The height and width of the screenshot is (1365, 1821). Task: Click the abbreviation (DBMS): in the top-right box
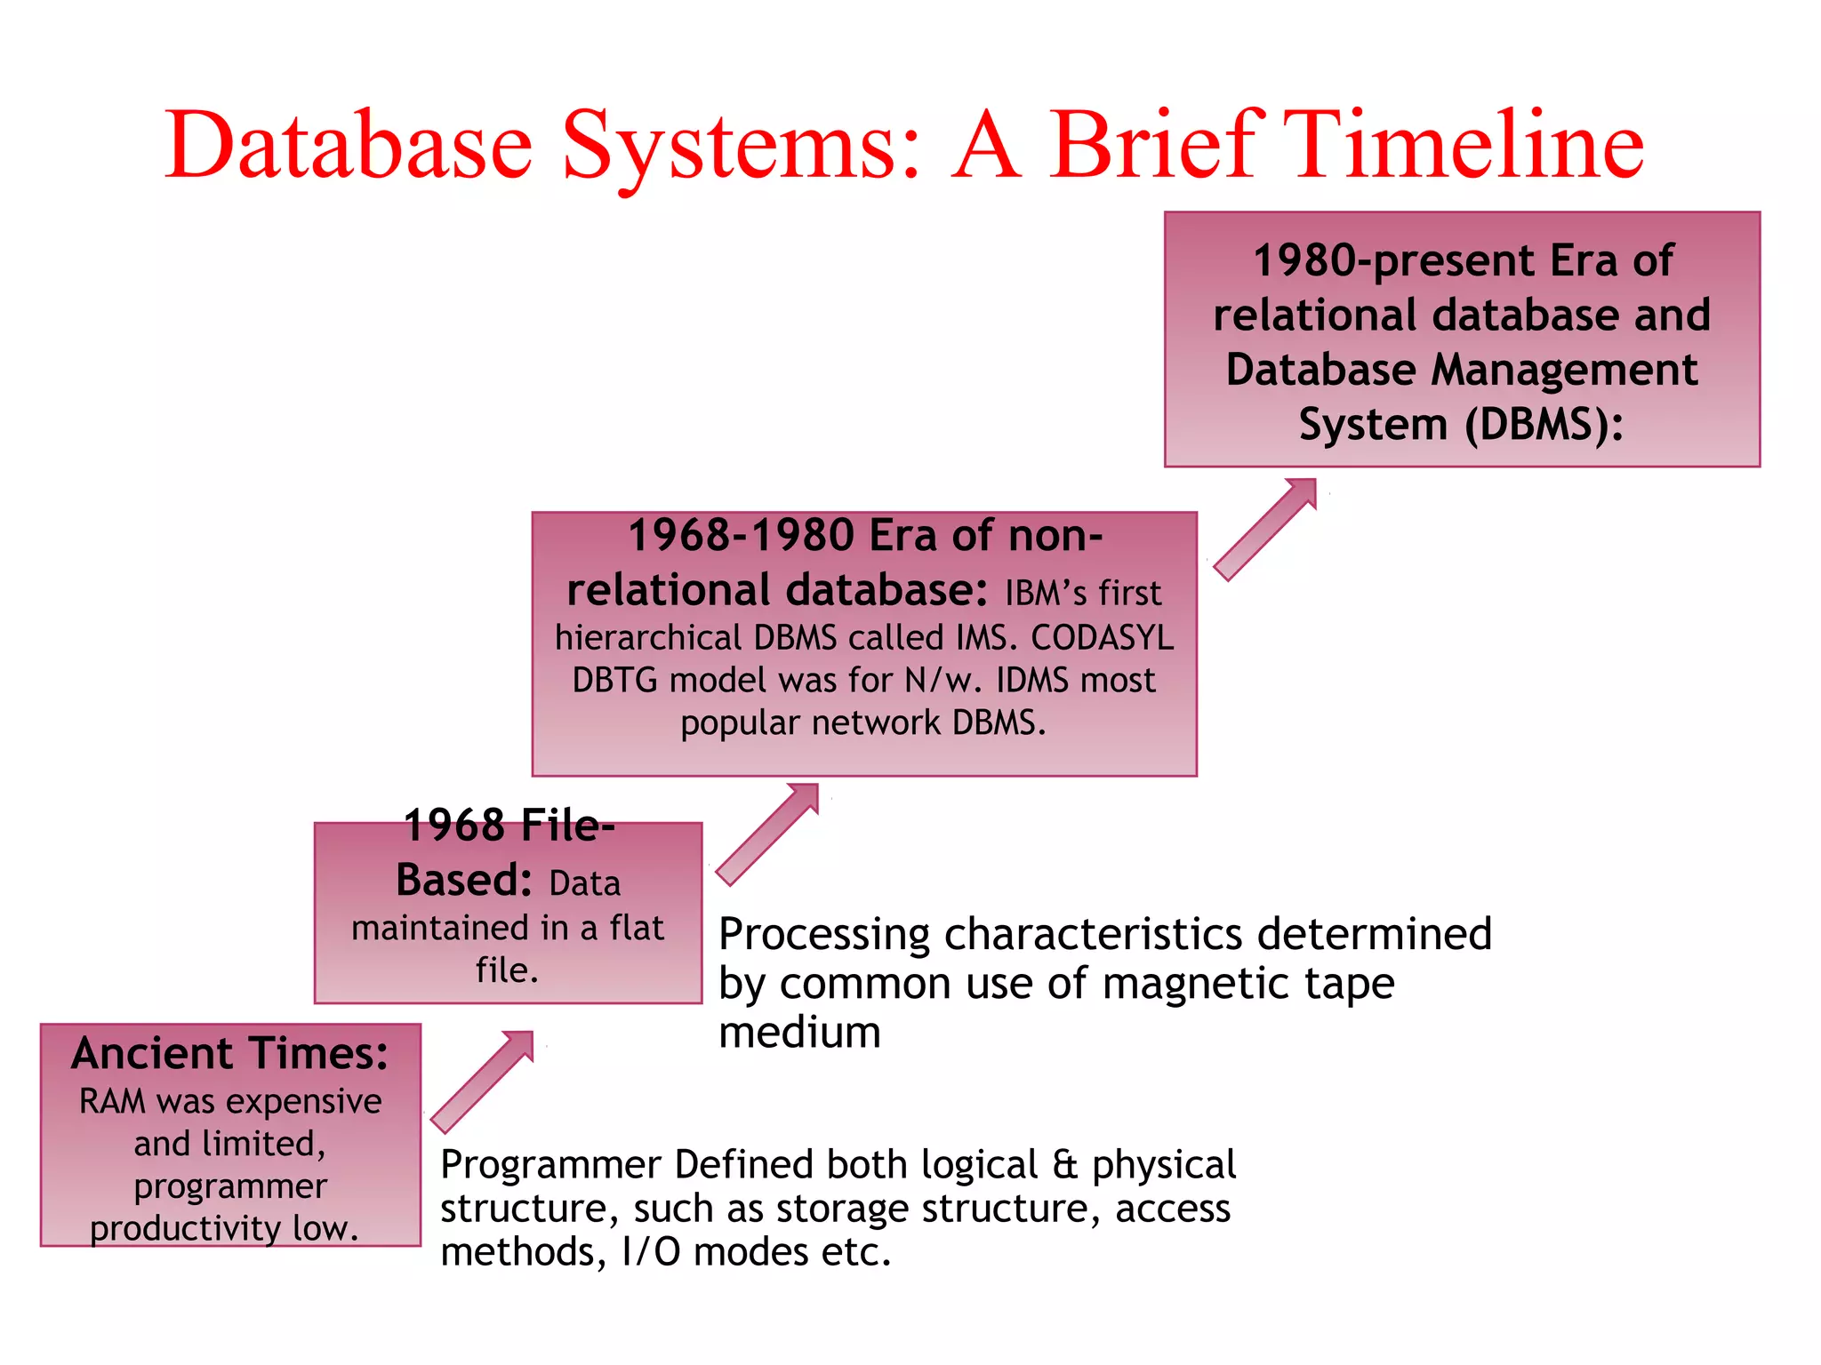(1544, 425)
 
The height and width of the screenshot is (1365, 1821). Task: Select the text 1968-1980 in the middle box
(742, 536)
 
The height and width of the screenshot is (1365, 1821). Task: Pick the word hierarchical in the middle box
(648, 638)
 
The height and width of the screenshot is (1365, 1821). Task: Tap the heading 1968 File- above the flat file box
(509, 826)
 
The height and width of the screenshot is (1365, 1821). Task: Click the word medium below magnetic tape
(799, 1033)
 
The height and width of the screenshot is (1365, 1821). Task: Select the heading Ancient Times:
(230, 1054)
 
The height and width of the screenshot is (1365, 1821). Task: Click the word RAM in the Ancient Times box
(112, 1102)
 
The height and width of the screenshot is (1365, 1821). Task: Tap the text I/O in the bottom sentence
(651, 1253)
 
